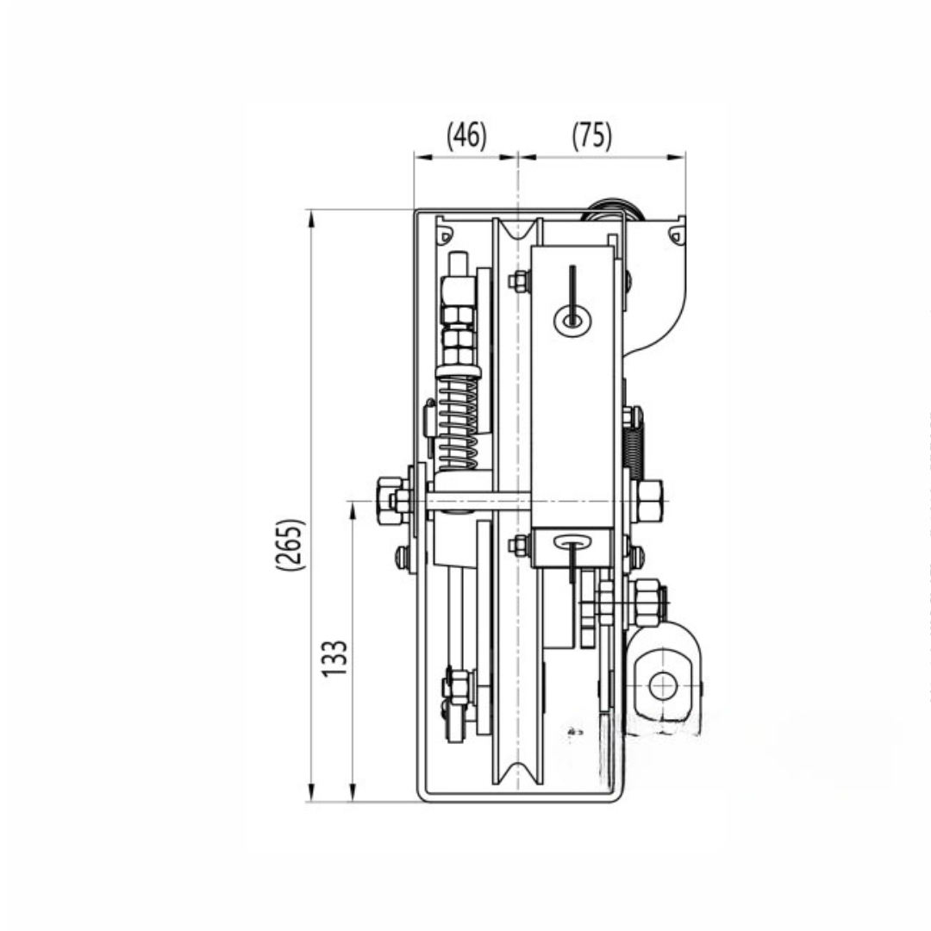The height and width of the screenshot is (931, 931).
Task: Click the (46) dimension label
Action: (466, 135)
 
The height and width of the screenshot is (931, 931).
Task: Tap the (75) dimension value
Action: (592, 135)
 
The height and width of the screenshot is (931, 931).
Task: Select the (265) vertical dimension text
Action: (291, 545)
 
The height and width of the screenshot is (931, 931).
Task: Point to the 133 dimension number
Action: (334, 658)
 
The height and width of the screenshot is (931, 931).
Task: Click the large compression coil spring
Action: (457, 422)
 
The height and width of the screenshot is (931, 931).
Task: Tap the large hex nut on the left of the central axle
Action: (390, 501)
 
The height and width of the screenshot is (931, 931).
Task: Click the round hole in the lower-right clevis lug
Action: (662, 686)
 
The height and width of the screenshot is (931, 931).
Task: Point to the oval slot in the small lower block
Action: (572, 541)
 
